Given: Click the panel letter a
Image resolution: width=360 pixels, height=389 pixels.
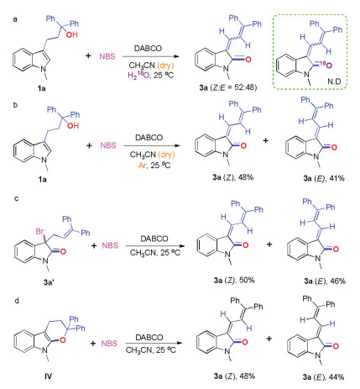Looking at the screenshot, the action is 15,19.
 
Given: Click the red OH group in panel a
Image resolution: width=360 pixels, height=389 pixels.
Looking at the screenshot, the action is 72,34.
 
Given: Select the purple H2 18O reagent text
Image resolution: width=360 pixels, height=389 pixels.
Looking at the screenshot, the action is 138,75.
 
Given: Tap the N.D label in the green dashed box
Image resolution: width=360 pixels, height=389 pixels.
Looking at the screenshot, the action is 334,81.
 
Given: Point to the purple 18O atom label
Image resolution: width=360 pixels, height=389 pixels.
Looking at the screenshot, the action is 326,65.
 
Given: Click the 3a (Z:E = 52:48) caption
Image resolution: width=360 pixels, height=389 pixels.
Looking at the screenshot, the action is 228,87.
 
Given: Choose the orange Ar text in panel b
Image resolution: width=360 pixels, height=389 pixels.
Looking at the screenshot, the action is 142,166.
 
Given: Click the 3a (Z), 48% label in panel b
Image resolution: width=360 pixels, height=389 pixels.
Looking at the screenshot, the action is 232,177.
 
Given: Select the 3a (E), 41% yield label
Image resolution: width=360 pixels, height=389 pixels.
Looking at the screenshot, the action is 324,178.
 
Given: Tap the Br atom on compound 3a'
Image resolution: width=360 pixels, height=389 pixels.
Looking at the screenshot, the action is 39,231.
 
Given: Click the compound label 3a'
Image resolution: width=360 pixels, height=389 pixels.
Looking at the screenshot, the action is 49,282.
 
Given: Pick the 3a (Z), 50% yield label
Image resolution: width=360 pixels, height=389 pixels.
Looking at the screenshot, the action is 234,280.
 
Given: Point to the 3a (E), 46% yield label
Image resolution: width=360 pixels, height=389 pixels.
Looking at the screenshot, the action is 325,281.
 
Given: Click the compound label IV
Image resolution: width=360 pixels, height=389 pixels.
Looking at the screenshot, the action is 48,376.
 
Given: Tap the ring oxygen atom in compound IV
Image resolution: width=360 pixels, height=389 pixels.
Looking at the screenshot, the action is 63,340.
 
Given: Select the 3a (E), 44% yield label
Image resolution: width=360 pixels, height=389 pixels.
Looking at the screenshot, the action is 323,377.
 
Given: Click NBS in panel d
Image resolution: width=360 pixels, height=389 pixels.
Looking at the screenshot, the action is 109,344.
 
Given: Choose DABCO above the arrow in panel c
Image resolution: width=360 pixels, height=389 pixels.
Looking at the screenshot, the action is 154,239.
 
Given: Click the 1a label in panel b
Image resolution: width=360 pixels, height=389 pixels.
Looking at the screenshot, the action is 42,179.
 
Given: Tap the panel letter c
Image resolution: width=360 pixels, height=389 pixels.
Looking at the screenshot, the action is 16,198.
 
